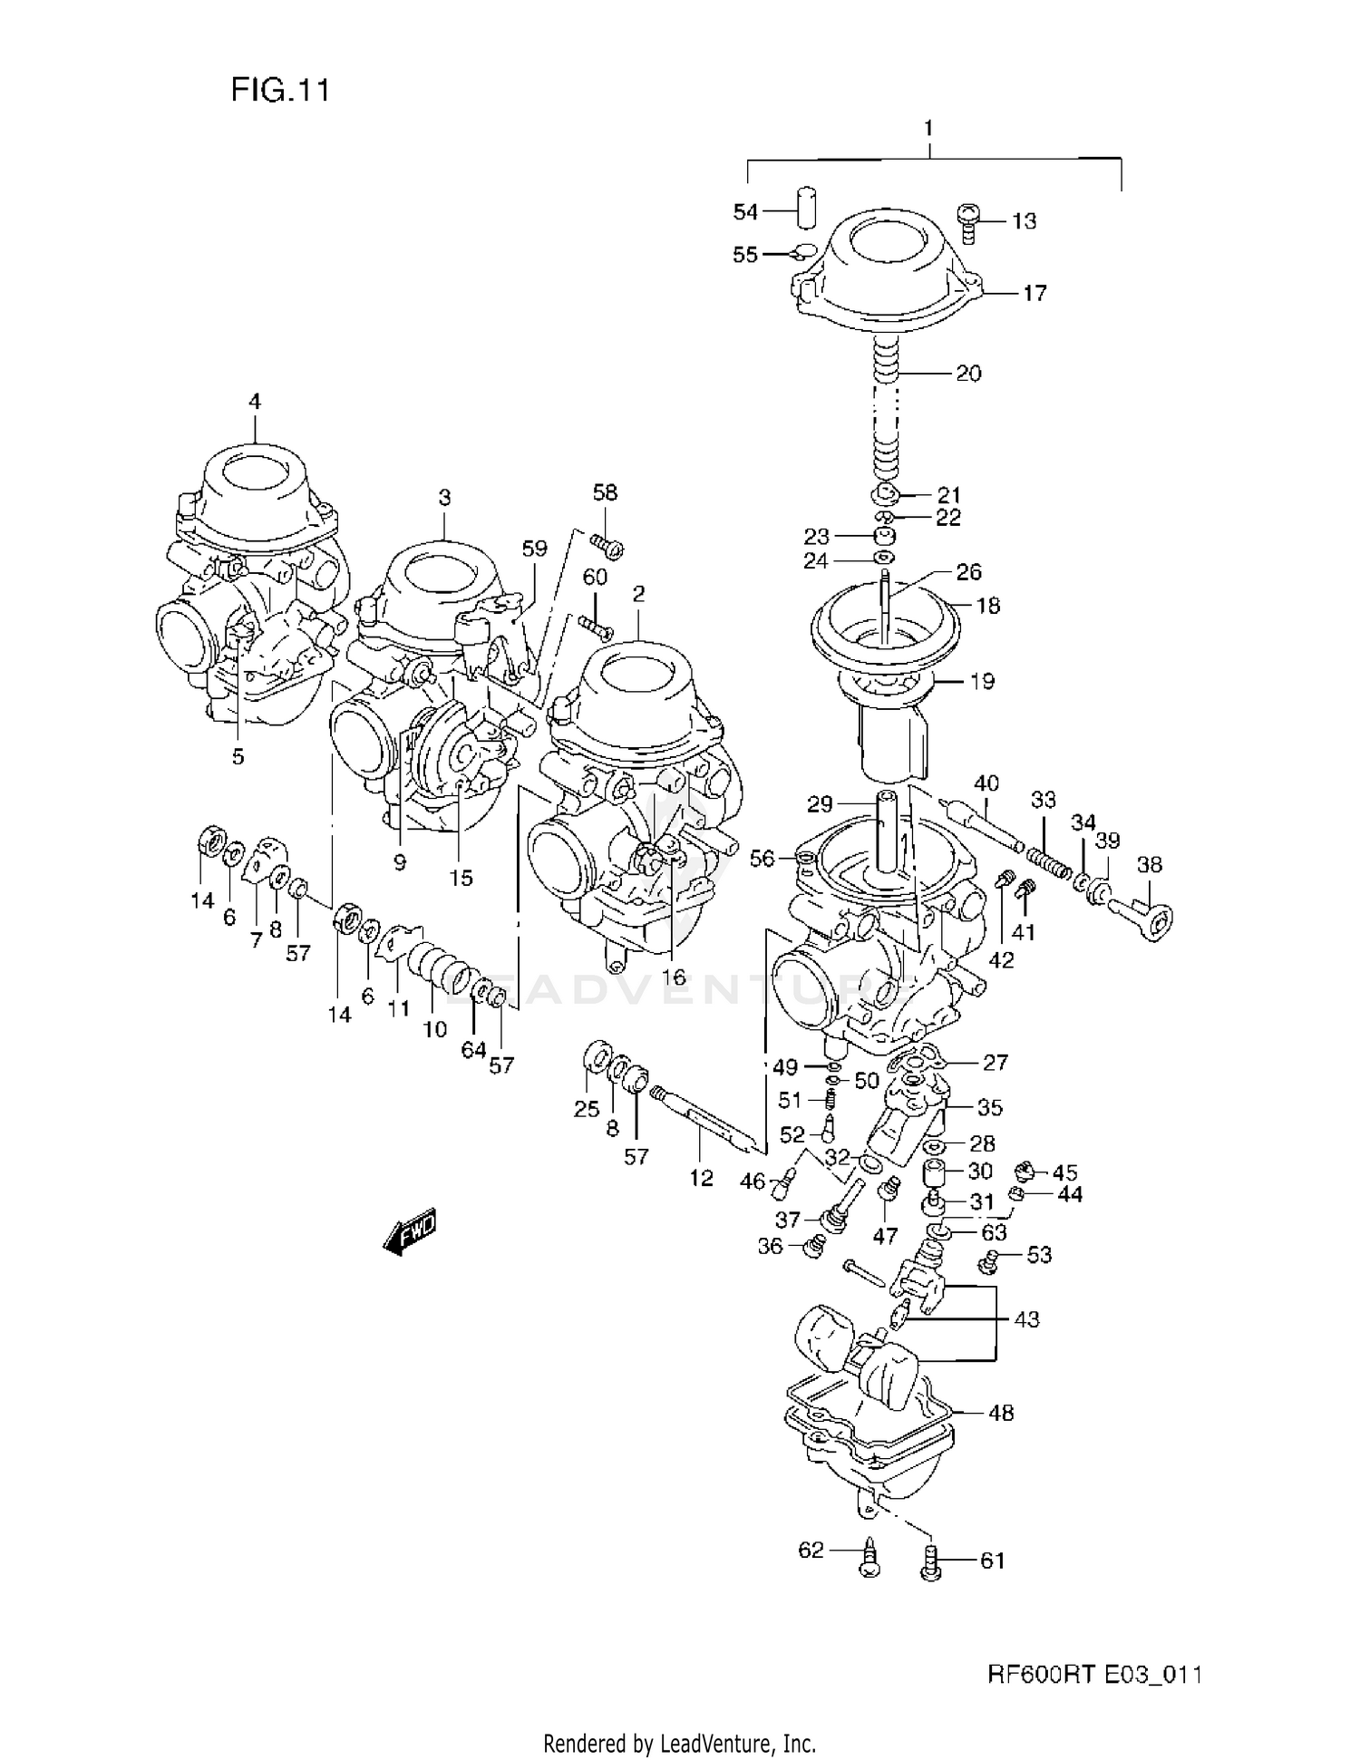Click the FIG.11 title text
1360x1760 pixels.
279,90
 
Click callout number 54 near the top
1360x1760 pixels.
744,212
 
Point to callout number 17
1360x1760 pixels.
1034,293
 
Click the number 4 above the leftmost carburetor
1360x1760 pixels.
255,401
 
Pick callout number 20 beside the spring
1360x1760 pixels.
968,373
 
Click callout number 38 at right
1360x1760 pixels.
1149,864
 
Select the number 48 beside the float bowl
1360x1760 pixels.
1000,1413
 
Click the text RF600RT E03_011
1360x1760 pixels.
1094,1674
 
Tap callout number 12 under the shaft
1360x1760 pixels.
701,1177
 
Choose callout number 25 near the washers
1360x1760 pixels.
587,1108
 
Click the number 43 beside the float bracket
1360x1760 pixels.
1025,1319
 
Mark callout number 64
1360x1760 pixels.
473,1049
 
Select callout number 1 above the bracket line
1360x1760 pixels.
928,129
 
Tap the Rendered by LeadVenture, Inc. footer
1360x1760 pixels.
679,1742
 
